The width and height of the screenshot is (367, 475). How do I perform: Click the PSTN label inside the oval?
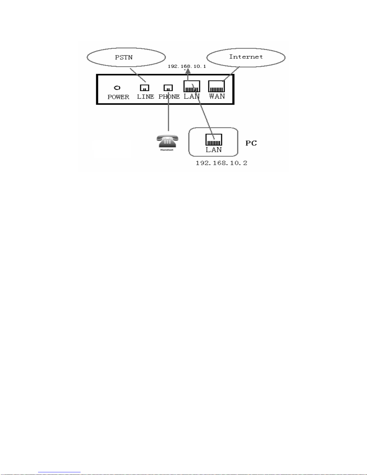124,58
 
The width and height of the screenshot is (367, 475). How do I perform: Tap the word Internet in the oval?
246,57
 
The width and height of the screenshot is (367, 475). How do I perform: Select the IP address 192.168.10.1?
187,66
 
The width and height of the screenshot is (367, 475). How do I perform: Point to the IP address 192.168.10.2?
221,163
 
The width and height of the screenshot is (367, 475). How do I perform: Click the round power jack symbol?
117,88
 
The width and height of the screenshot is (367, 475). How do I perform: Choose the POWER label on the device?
118,97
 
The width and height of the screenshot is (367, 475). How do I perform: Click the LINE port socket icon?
144,88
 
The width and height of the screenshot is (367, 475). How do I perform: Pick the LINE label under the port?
146,96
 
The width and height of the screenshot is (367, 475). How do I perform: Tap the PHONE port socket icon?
168,88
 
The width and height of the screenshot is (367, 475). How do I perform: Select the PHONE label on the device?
169,96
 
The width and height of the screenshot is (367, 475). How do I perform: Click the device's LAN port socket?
191,86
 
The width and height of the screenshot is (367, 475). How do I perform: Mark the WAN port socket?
216,86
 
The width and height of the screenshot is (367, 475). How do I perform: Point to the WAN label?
217,96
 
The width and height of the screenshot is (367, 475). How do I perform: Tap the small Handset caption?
167,150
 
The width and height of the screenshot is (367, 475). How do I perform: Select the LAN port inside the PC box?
214,140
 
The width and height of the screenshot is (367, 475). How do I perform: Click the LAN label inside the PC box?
214,150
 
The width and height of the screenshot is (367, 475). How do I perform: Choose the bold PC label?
251,143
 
